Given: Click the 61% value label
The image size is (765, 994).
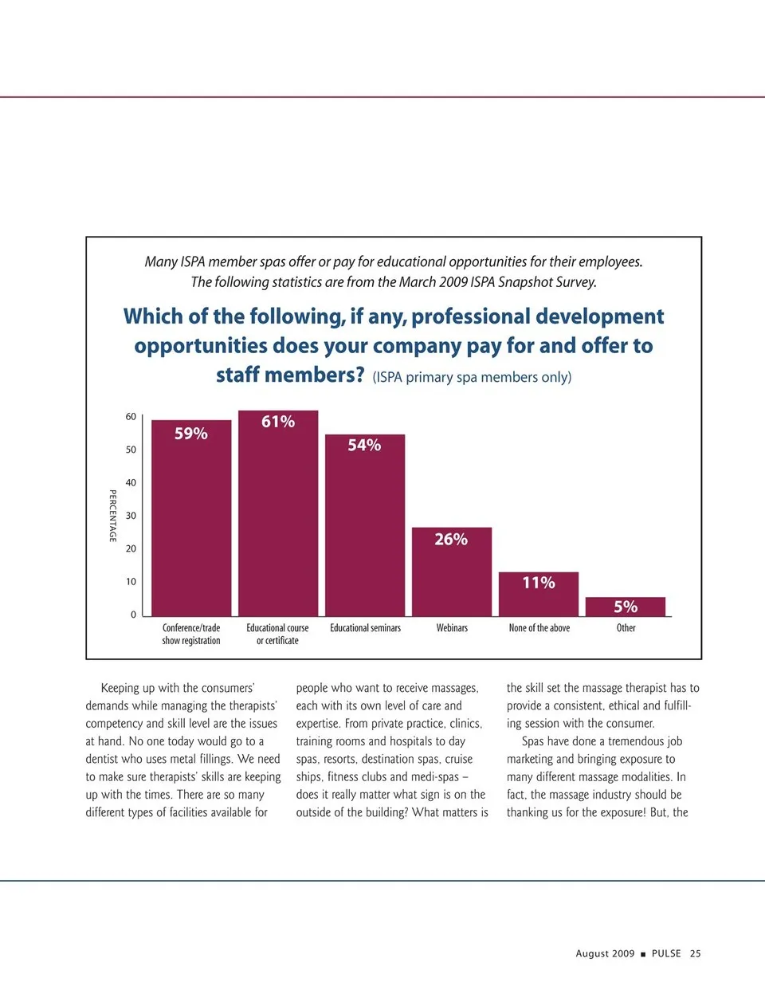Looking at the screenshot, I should coord(278,422).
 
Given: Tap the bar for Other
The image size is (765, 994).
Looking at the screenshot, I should coord(626,607).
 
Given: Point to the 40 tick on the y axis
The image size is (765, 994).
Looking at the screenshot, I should coord(131,483).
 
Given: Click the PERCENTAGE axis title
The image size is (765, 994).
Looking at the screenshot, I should coord(112,516).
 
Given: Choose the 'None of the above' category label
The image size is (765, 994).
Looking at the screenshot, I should coord(539,628).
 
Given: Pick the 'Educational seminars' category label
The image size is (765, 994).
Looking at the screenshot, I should coord(365,628).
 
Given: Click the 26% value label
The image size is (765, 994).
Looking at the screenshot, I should coord(451,540).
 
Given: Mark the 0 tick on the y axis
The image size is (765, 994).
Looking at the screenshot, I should coord(133,615).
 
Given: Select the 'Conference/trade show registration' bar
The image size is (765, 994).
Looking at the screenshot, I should coord(191,526).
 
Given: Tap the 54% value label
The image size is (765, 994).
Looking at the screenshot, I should coord(364,446).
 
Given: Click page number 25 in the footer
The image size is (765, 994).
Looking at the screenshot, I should coord(696,953).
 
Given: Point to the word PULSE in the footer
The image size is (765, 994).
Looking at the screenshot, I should coord(666,953).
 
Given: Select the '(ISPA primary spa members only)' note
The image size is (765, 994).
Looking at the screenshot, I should coord(472,377).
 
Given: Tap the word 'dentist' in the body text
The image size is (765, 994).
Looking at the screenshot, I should coord(103,759).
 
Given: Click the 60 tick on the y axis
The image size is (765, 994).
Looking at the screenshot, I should coord(131,417).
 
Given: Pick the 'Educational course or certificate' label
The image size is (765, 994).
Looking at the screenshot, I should coord(277,635).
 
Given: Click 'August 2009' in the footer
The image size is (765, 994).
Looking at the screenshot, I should coord(605,953).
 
